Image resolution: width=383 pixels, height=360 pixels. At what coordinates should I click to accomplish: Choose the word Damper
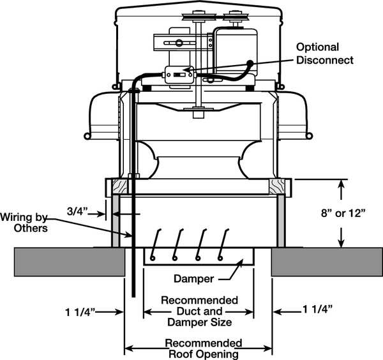195,279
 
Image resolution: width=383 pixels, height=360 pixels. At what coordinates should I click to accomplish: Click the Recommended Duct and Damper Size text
199,311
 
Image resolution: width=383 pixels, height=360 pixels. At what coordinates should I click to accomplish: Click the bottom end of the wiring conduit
133,294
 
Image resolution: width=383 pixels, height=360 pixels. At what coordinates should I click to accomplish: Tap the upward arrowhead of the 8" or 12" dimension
343,185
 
